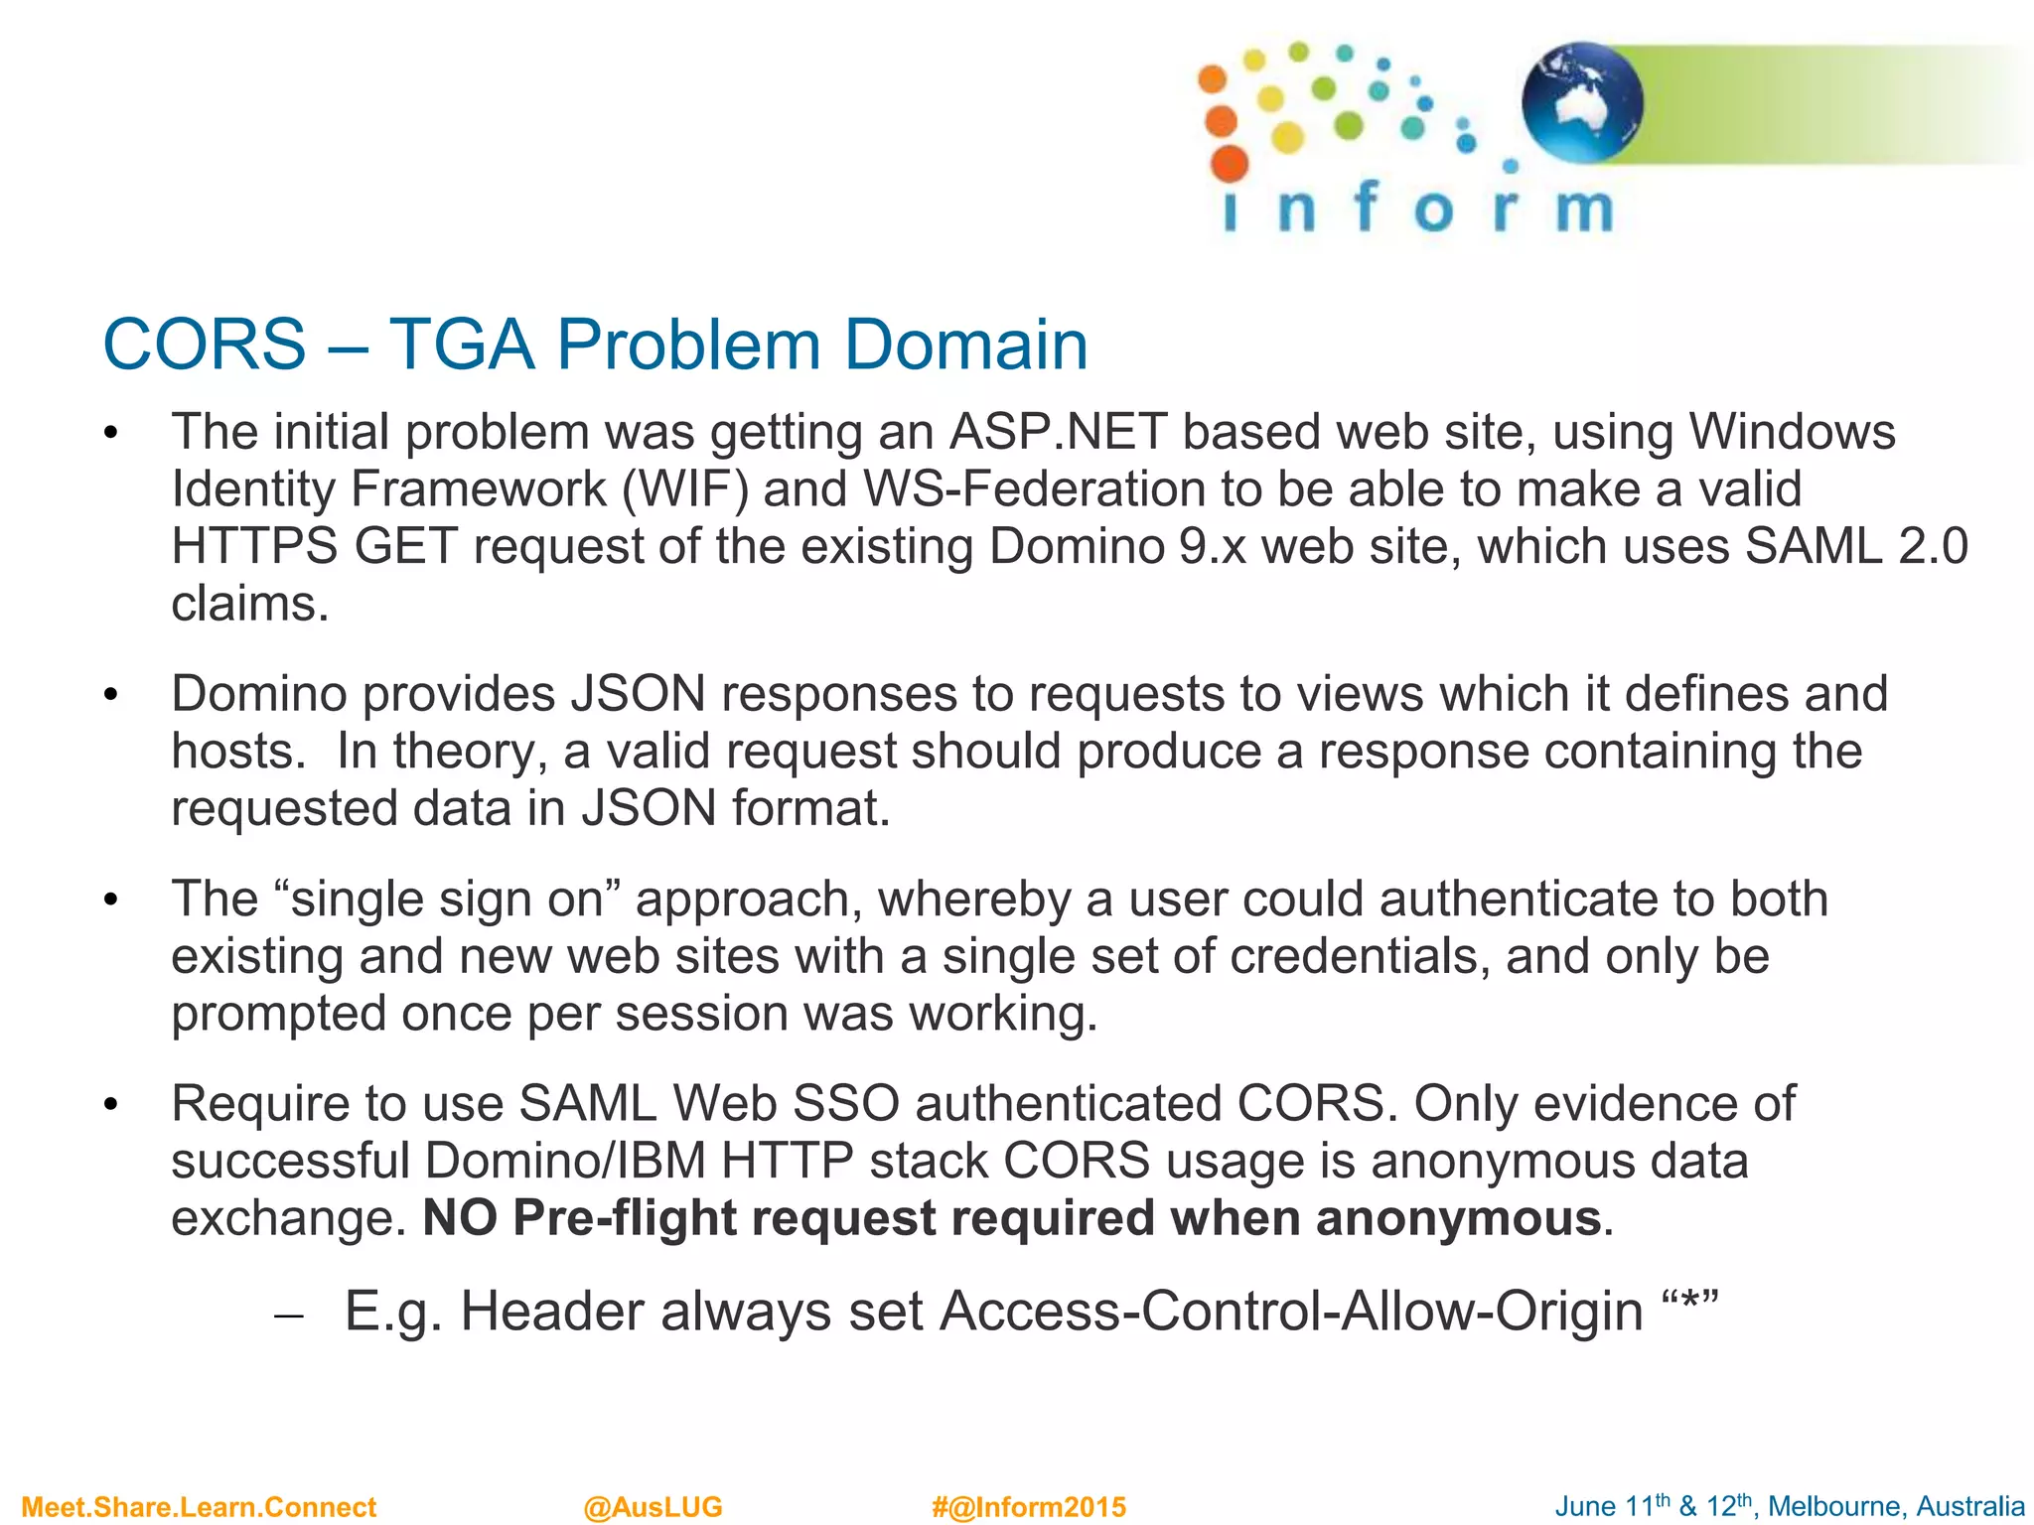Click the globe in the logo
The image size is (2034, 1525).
point(1581,102)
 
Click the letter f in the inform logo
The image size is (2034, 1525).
point(1366,207)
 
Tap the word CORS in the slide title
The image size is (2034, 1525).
point(205,345)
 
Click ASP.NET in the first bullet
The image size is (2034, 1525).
point(1058,432)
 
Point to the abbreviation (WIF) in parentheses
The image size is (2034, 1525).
point(684,489)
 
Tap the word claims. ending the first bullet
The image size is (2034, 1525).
point(249,604)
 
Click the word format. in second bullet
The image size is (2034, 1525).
point(810,808)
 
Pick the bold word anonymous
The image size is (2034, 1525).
point(1457,1218)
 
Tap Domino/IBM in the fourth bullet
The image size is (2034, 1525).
point(565,1161)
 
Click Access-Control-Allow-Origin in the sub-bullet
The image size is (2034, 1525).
point(1291,1312)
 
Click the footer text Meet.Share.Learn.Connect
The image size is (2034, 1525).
point(199,1507)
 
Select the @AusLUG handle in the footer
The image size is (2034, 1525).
point(653,1507)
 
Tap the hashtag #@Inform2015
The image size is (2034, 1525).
point(1029,1507)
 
